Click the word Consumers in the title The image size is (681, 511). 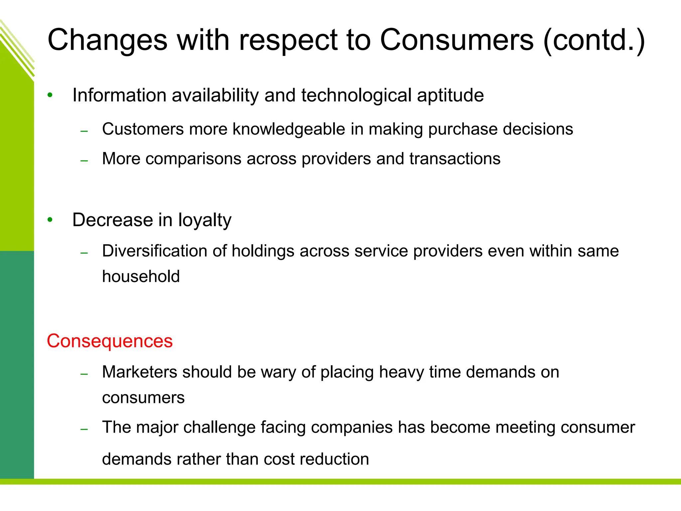457,40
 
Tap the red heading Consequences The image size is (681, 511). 110,341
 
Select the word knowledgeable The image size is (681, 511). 289,129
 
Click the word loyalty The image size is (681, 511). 204,220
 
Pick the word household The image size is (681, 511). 141,276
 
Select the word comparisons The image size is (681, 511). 194,159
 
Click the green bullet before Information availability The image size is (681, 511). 50,95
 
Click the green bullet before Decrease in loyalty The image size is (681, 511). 50,220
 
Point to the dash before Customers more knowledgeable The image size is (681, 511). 84,131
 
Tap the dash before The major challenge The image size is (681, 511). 84,429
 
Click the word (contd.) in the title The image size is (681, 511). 594,40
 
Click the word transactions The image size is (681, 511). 455,159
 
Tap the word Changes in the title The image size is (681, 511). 107,40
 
